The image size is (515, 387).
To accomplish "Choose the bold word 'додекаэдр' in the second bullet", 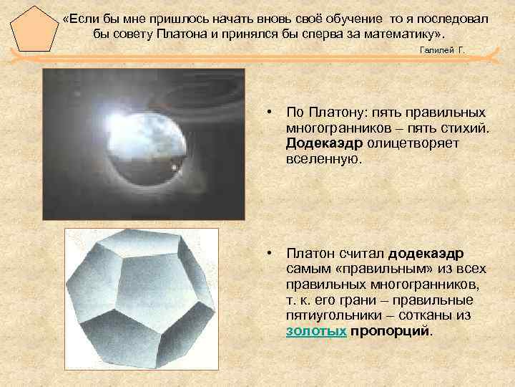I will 426,254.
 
